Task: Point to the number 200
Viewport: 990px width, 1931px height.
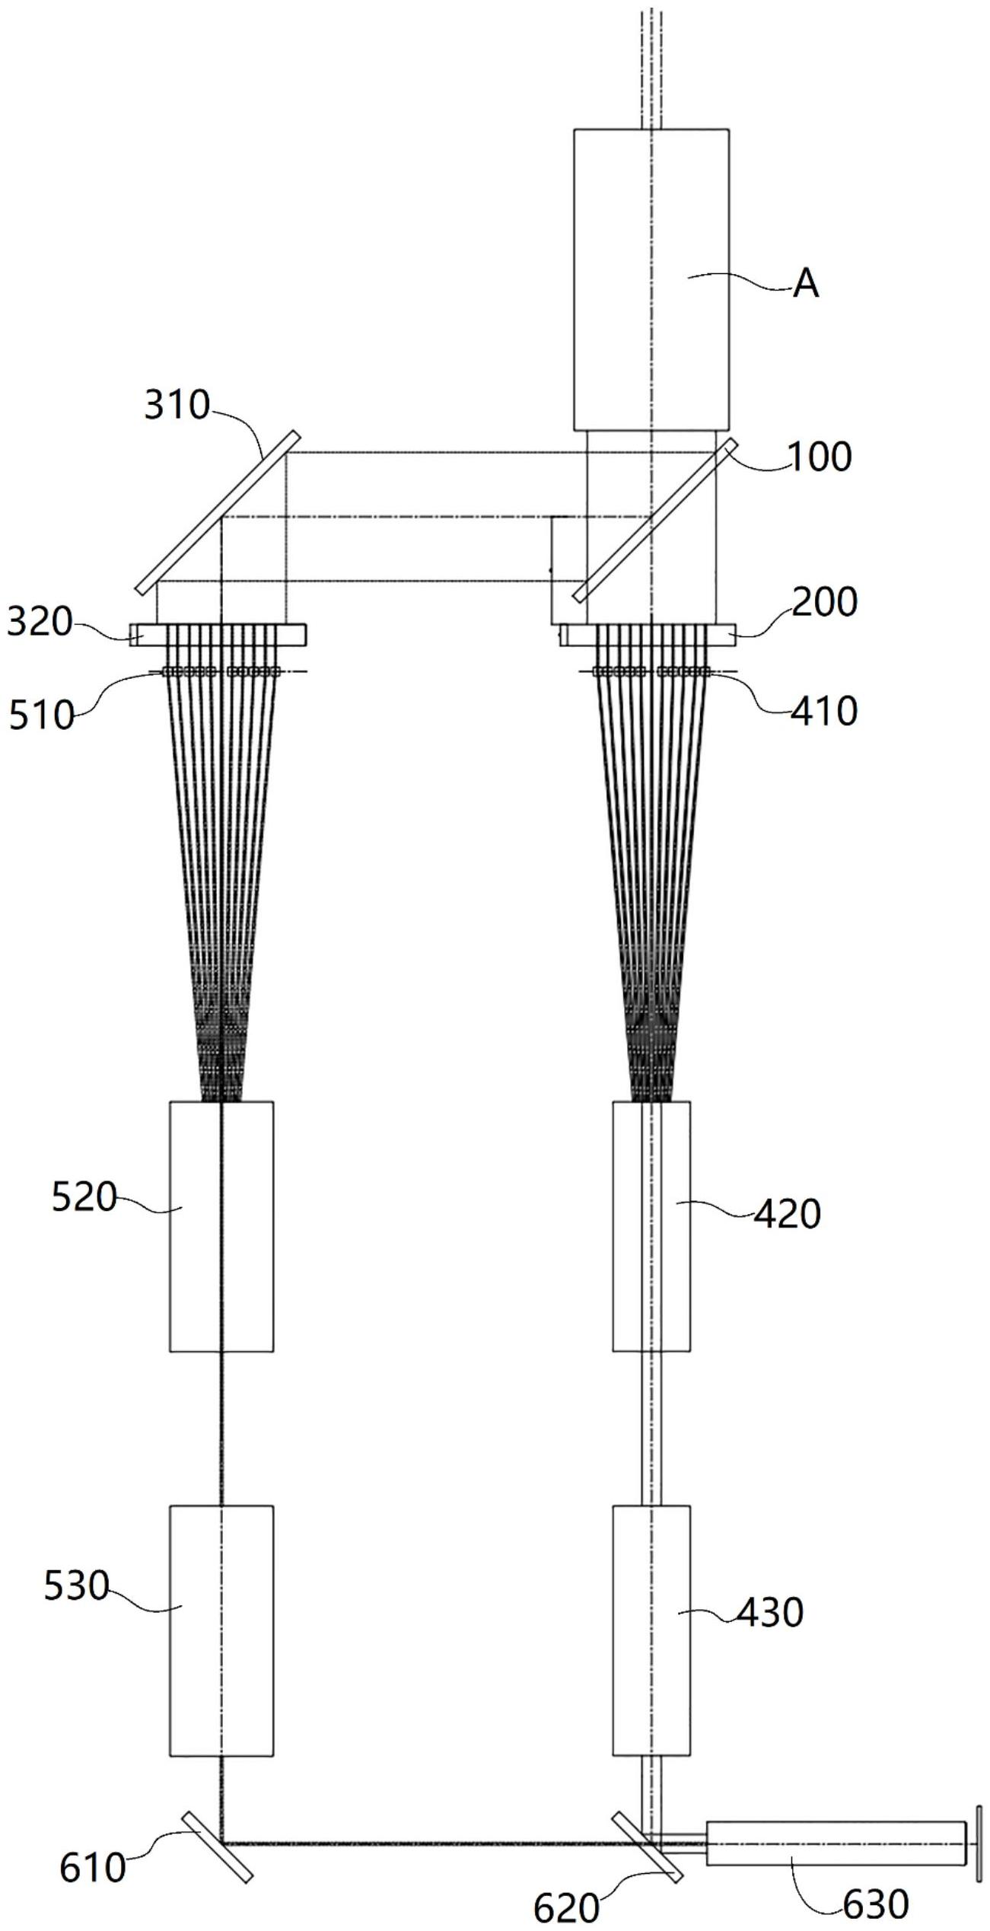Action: (824, 604)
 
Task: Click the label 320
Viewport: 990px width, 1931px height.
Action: (40, 623)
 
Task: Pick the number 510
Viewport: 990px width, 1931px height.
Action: (41, 716)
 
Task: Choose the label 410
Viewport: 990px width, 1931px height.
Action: (825, 711)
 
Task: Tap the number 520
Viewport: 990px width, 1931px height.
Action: (84, 1198)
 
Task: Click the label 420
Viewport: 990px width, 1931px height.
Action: (788, 1214)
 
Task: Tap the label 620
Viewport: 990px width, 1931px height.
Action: (566, 1909)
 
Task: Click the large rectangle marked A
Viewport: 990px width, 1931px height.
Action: (651, 279)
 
